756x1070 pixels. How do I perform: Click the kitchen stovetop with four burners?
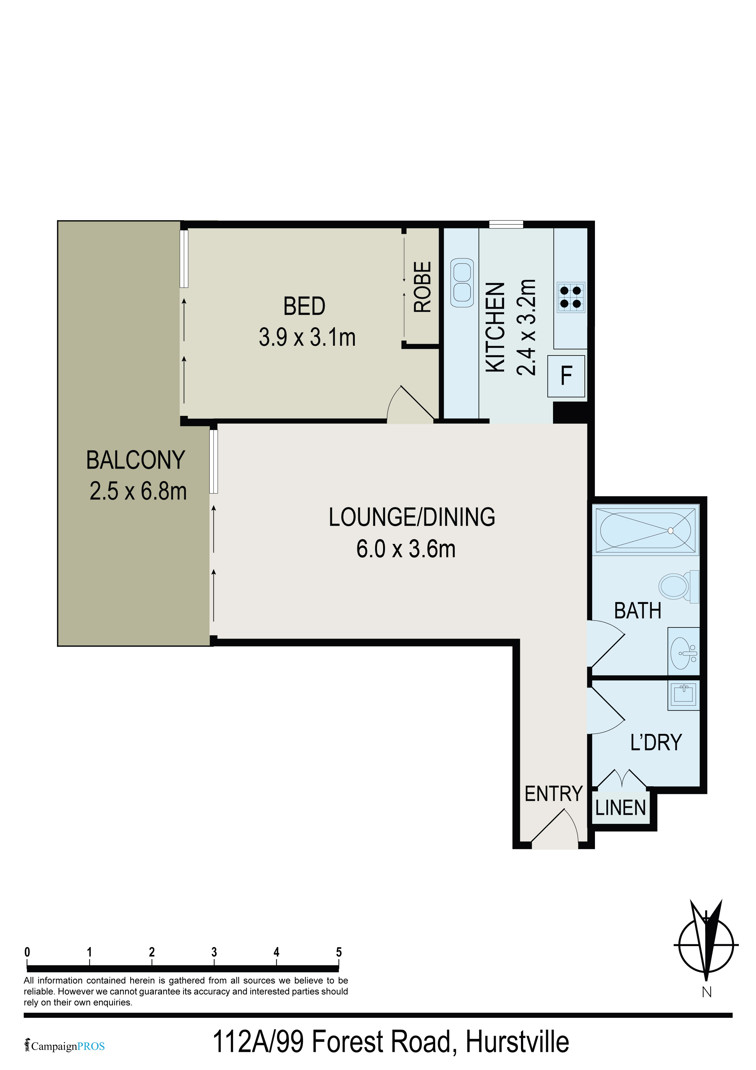(x=571, y=297)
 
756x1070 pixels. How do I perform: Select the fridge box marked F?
(x=566, y=376)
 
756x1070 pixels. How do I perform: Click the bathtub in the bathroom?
(x=645, y=530)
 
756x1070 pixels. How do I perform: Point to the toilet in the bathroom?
(x=678, y=586)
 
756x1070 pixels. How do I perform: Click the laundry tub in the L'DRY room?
(x=684, y=695)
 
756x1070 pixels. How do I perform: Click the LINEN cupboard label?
(x=620, y=808)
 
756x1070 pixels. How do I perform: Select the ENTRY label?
(x=554, y=794)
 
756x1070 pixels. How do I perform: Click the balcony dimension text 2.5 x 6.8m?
(x=138, y=491)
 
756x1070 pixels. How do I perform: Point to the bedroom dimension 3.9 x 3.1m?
(x=307, y=337)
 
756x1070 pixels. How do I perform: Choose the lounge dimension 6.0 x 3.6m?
(x=406, y=549)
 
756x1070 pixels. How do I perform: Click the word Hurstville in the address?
(x=517, y=1042)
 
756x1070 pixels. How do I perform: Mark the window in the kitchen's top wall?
(x=506, y=224)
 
